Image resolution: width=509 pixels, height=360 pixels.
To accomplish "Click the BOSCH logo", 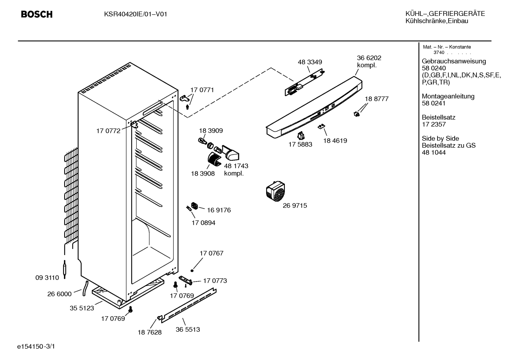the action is (x=37, y=14).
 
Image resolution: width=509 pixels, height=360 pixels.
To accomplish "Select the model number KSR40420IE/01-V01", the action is (x=136, y=14).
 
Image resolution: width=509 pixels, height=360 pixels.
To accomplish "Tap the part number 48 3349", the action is (x=310, y=62).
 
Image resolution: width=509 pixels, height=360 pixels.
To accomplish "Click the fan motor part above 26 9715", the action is (x=275, y=191).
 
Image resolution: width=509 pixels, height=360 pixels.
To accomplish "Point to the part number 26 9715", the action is (x=295, y=205).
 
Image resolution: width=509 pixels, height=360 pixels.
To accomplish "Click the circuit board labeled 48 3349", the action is (x=305, y=82).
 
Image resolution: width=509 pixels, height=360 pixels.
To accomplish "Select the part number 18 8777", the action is (x=377, y=99).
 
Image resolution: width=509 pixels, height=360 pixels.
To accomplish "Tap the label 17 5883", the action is (x=300, y=144).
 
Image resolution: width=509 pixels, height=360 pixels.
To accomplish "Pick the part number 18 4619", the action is (x=335, y=141).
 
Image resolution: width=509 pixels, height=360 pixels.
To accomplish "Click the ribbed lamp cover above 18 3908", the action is (x=214, y=159).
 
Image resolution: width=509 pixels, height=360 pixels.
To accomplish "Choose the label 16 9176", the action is (x=219, y=210).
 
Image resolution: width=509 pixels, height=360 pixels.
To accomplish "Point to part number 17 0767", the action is (x=211, y=253).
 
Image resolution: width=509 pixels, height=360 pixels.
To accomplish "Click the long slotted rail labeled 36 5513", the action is (x=189, y=306).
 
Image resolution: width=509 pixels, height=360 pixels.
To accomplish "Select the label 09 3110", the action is (x=47, y=277).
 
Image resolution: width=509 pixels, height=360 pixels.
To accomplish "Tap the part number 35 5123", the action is (x=82, y=308).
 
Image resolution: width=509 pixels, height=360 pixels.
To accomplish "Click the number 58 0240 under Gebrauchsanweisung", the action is (x=434, y=68).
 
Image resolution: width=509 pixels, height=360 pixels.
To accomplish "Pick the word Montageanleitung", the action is (x=448, y=96).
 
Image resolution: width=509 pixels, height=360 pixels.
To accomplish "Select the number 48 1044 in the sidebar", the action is (x=434, y=152).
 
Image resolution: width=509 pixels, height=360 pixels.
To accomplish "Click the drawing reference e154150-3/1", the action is (x=36, y=346).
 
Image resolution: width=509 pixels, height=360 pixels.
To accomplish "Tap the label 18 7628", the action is (x=150, y=332).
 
